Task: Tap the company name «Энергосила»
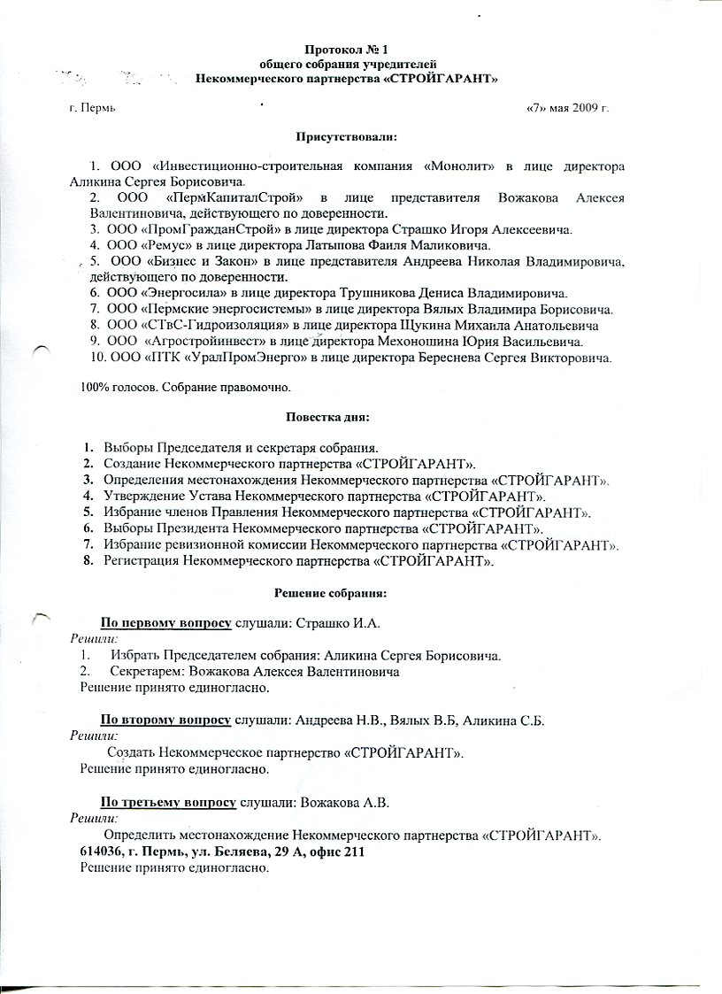click(x=186, y=292)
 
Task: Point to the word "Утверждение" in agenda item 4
click(x=142, y=496)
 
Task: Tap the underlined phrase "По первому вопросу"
click(x=166, y=623)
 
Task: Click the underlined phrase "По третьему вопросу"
click(x=168, y=803)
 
